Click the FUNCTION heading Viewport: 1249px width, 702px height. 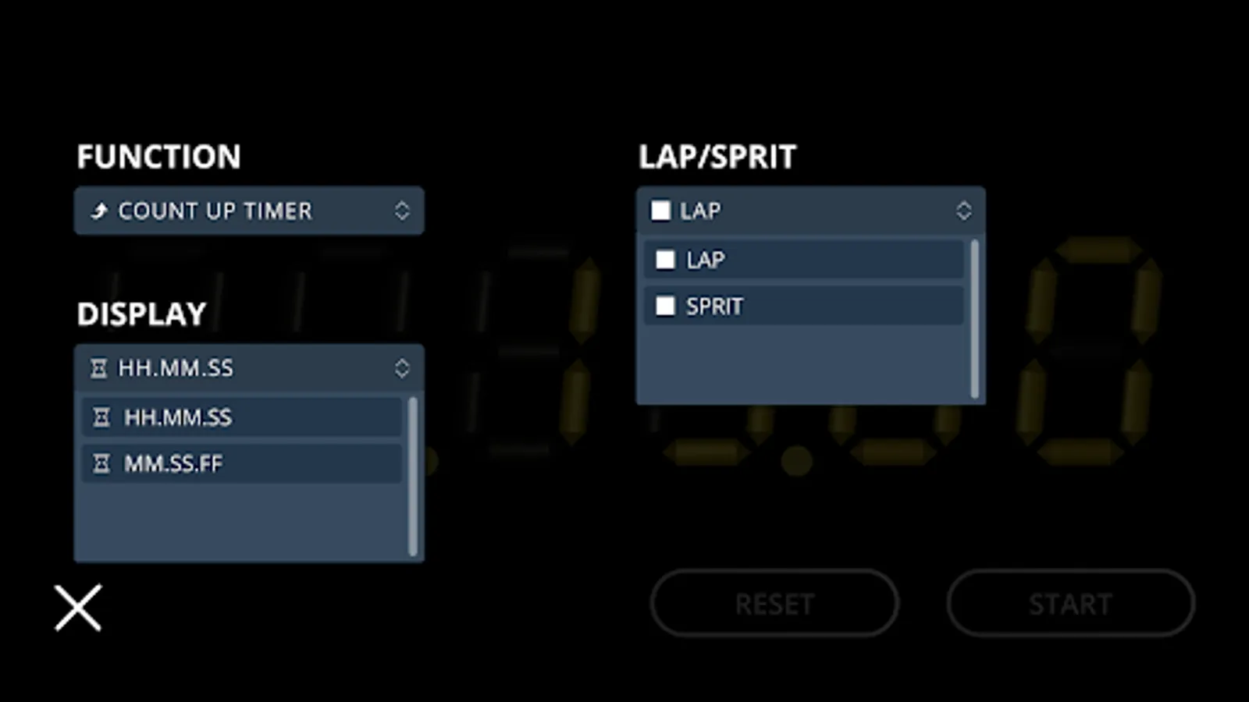pos(158,157)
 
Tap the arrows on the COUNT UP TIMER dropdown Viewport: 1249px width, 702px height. pos(402,211)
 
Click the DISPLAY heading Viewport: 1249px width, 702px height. pos(141,314)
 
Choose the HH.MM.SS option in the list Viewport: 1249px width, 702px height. pos(178,417)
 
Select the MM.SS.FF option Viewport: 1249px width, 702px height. pos(173,464)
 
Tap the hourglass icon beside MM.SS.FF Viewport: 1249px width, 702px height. pos(101,464)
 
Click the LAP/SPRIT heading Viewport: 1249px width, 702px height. pos(717,157)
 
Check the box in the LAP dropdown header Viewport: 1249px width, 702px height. pos(660,211)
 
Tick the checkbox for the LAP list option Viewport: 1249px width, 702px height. pos(665,260)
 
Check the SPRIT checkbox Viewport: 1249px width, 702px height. pos(665,307)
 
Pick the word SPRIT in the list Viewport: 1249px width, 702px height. pos(714,307)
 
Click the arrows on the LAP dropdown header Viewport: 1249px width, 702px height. pos(964,211)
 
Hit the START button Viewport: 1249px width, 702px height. pos(1070,603)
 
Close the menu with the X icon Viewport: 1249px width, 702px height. pos(78,608)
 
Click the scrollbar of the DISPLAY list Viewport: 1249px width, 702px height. pos(413,477)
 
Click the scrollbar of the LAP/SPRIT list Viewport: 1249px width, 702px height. pos(974,320)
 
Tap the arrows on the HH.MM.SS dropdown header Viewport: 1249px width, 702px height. pos(402,368)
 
